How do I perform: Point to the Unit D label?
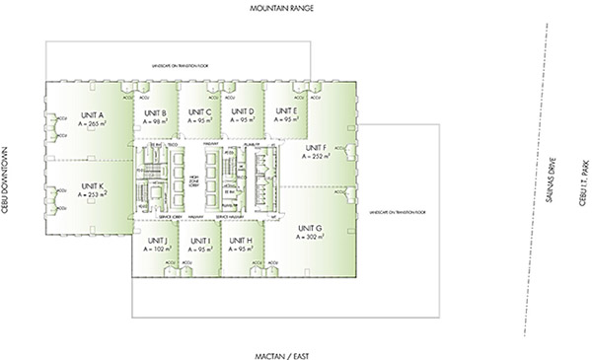243,112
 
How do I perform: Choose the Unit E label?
286,112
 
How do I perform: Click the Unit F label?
314,147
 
